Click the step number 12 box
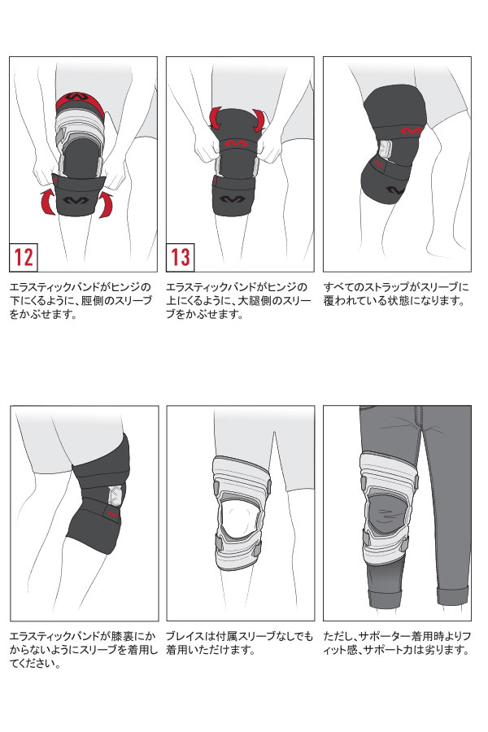[x=24, y=257]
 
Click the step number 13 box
[x=181, y=257]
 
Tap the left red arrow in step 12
[x=49, y=202]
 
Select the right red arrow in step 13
[x=259, y=121]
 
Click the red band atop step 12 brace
[x=80, y=102]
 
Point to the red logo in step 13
[x=237, y=143]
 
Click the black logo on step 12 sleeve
[x=75, y=199]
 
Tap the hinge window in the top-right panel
[x=384, y=150]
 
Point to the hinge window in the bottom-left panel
[x=115, y=496]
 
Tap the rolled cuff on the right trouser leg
[x=452, y=595]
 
